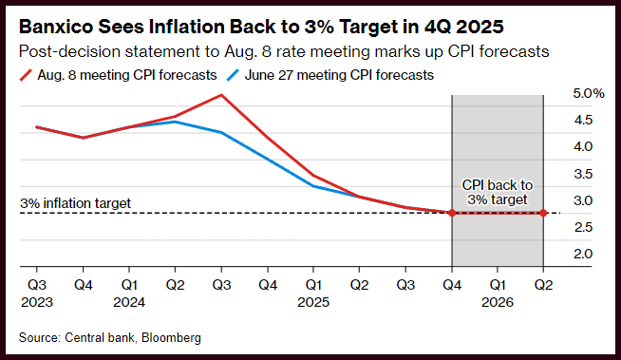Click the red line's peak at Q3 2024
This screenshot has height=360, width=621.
pos(221,95)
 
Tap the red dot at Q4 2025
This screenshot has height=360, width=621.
pos(452,213)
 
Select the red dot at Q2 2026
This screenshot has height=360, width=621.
pos(543,213)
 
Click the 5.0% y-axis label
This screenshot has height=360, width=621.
pos(589,93)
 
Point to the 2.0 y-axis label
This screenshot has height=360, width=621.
pos(583,254)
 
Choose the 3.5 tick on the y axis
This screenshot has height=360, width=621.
pos(583,174)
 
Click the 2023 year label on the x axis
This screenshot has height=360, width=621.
pos(37,302)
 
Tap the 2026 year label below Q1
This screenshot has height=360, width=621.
pos(498,302)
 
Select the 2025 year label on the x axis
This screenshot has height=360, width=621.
pos(313,302)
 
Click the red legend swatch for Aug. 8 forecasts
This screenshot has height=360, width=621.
pos(26,75)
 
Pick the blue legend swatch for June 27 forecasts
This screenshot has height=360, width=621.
pos(234,75)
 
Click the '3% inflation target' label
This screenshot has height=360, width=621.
pos(75,203)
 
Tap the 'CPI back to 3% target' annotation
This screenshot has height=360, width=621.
pos(498,192)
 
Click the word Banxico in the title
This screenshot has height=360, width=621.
pos(55,27)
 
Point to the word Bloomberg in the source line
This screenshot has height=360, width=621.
pos(171,338)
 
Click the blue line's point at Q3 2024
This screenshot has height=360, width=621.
pos(221,133)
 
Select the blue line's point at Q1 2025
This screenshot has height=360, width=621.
pos(313,186)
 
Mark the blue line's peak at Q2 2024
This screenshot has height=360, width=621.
pos(176,122)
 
